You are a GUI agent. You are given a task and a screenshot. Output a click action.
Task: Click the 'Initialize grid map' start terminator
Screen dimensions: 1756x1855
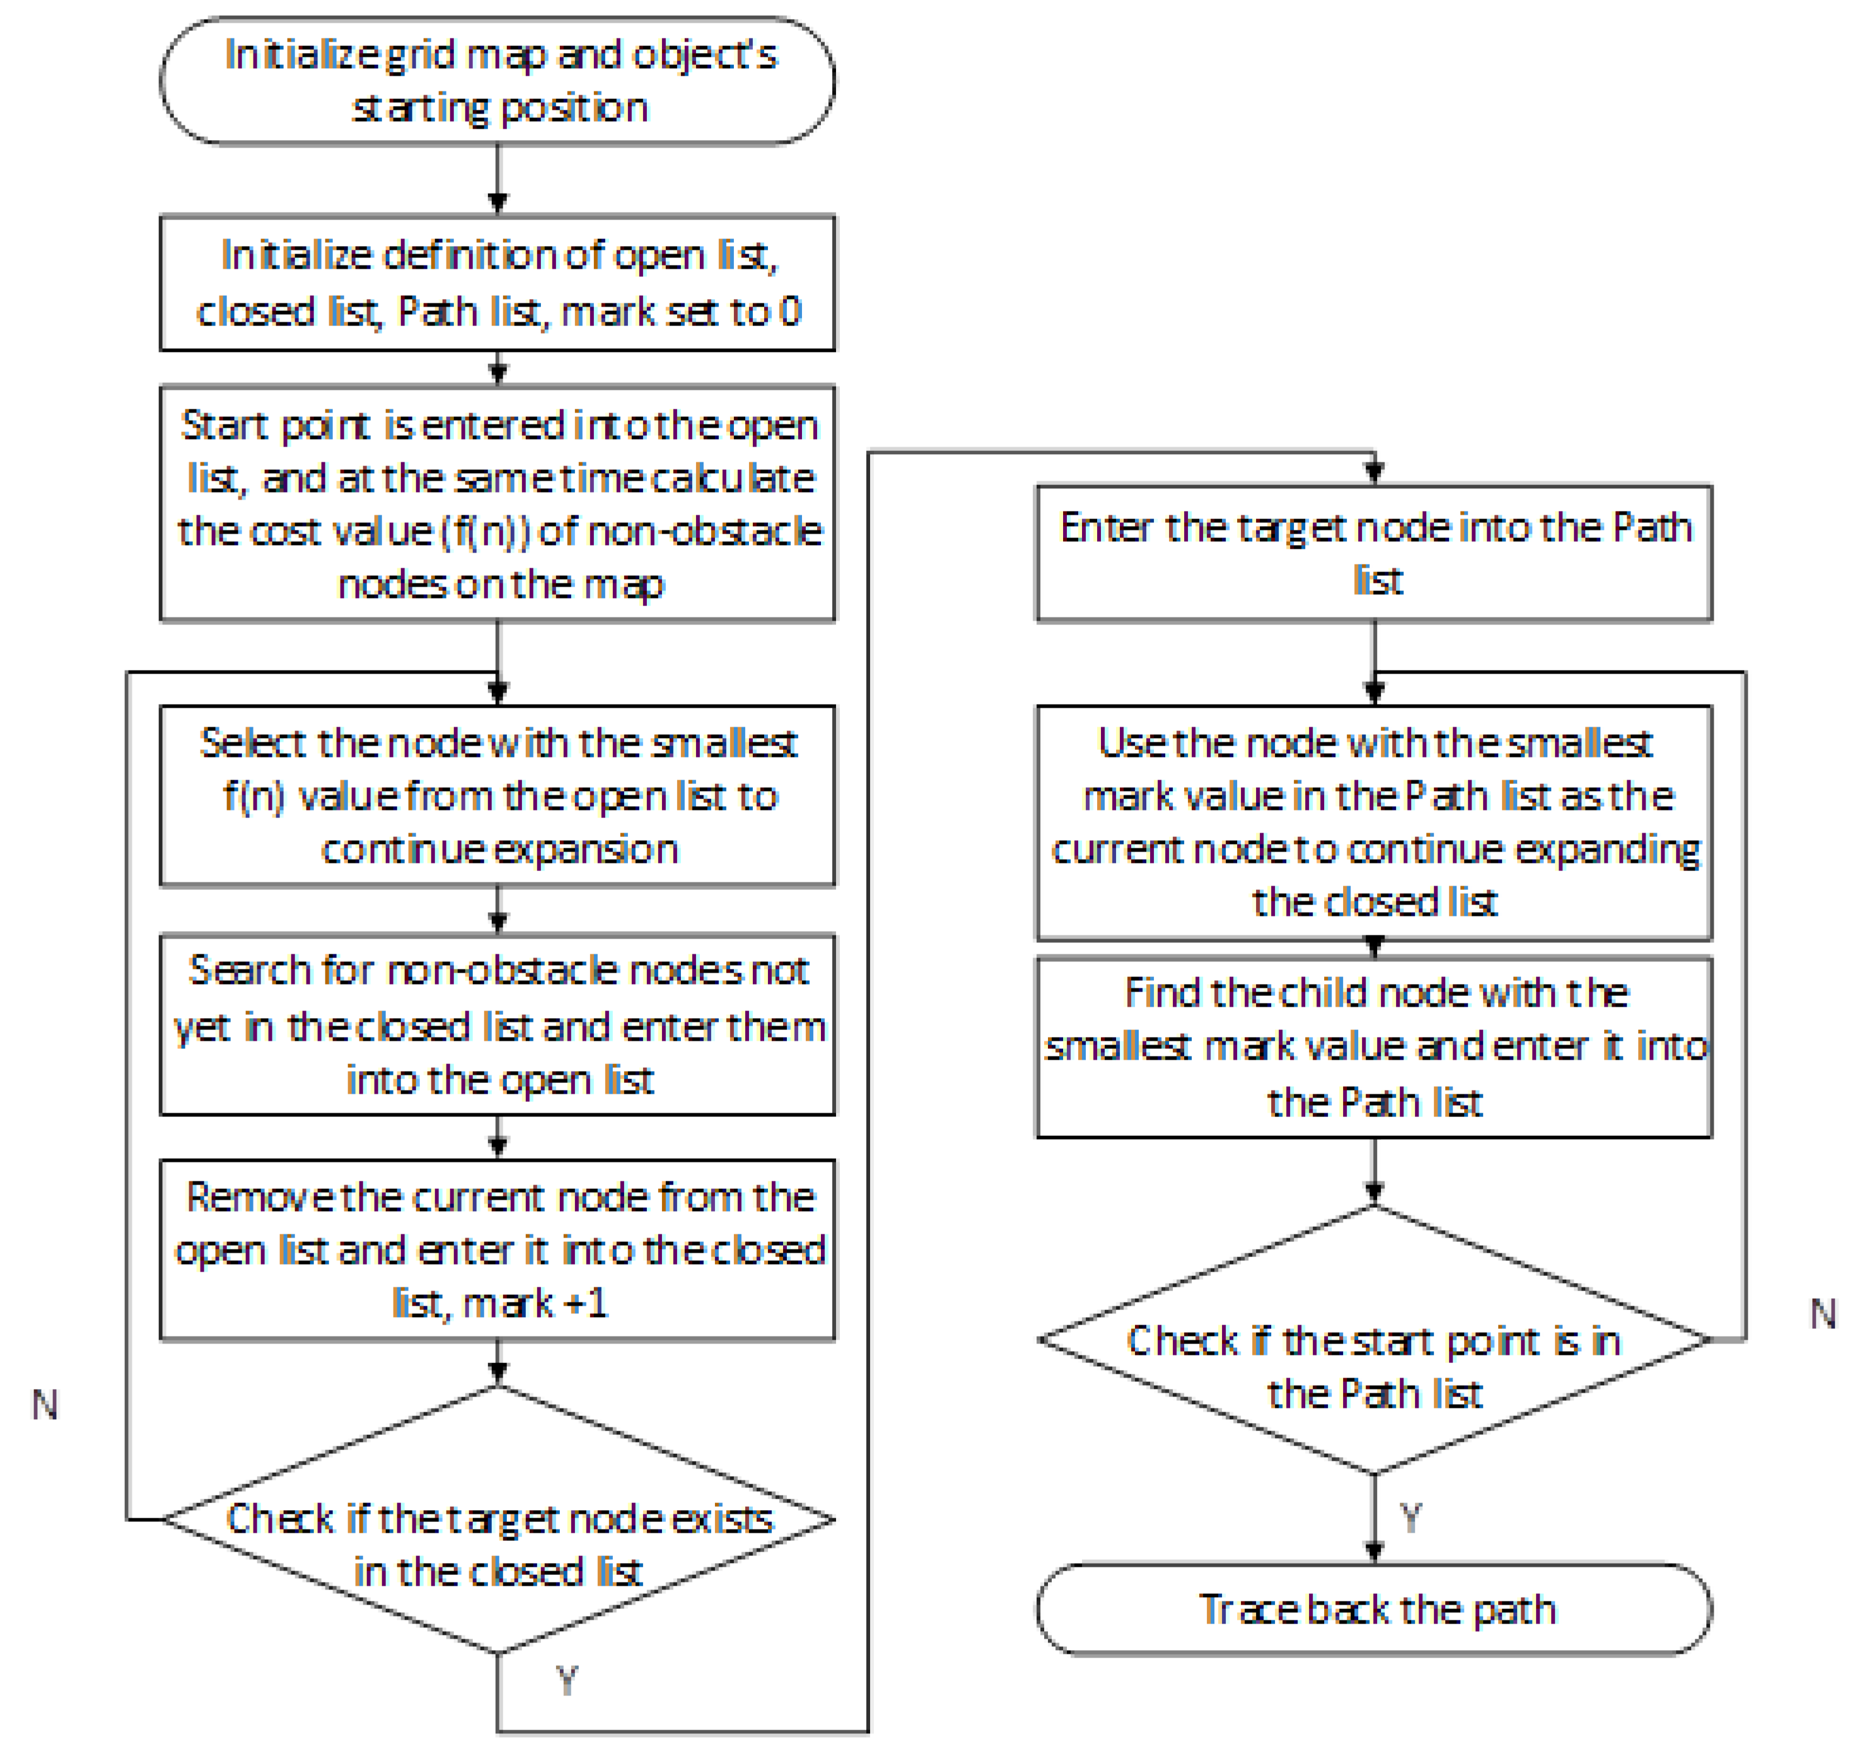click(497, 81)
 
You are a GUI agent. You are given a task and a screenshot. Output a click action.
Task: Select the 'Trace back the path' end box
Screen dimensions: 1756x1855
click(1373, 1609)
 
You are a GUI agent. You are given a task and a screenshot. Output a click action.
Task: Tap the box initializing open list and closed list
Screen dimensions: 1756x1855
click(497, 283)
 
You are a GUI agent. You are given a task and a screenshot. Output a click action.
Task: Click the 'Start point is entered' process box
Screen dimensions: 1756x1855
click(497, 503)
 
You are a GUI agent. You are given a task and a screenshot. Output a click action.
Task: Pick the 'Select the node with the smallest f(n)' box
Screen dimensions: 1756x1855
click(497, 795)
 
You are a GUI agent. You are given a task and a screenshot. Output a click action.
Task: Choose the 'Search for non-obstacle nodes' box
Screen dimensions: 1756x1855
click(497, 1024)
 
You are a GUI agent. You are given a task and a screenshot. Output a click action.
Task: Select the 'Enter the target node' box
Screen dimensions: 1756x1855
click(1373, 553)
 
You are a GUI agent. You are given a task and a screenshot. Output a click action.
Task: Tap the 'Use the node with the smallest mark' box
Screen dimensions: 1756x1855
click(1373, 822)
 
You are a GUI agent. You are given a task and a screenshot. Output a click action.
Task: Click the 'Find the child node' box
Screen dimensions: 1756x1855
click(1373, 1046)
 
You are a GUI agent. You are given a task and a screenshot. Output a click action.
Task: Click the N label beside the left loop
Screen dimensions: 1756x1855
click(44, 1405)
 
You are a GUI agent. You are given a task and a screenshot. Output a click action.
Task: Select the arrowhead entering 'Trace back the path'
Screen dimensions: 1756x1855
click(1374, 1552)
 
